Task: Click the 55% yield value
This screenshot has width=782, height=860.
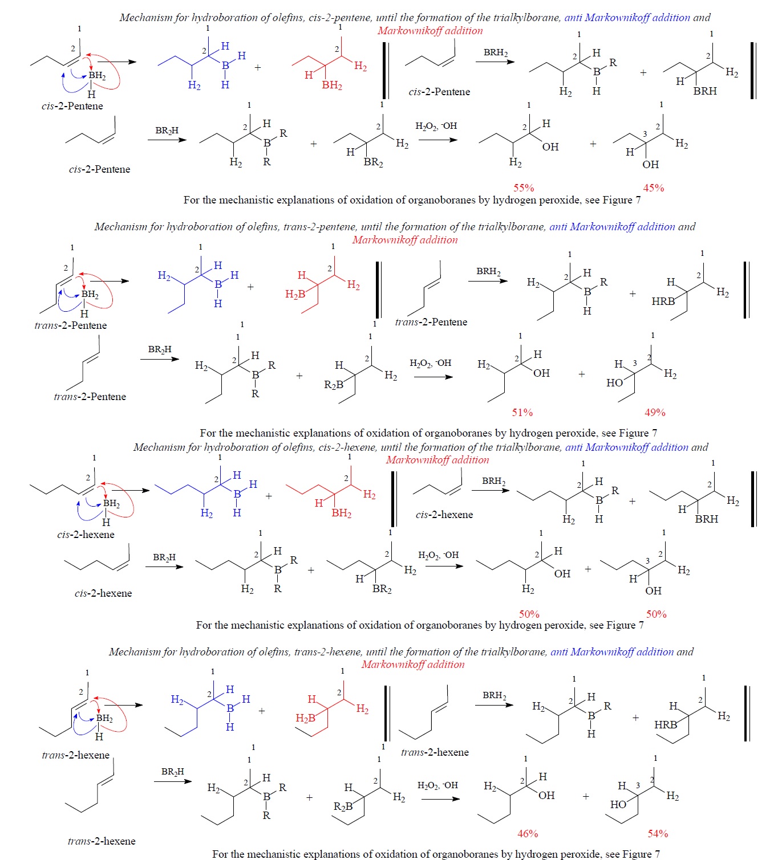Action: coord(524,188)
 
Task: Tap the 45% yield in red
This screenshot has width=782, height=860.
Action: coord(654,188)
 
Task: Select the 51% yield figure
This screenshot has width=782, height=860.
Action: coord(522,412)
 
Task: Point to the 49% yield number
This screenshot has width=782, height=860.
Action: coord(655,412)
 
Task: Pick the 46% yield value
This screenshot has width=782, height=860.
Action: coord(528,833)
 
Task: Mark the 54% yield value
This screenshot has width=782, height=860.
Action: coord(658,833)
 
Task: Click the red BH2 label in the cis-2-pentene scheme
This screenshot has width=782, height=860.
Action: coord(332,85)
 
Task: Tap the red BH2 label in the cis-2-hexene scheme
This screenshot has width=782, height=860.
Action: coord(342,513)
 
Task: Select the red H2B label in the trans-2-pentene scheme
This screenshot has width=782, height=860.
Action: coord(295,294)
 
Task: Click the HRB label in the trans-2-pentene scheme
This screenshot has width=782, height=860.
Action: coord(663,301)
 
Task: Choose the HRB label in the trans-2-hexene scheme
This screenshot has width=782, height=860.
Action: coord(666,725)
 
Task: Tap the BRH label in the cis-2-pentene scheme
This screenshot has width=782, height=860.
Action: coord(705,91)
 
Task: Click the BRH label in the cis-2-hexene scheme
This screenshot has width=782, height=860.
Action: coord(707,519)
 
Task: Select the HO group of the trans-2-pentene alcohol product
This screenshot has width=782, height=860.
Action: coord(614,383)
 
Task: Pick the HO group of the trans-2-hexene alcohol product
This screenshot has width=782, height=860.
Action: coord(618,805)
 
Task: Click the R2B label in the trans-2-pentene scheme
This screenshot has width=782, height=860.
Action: coord(334,385)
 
